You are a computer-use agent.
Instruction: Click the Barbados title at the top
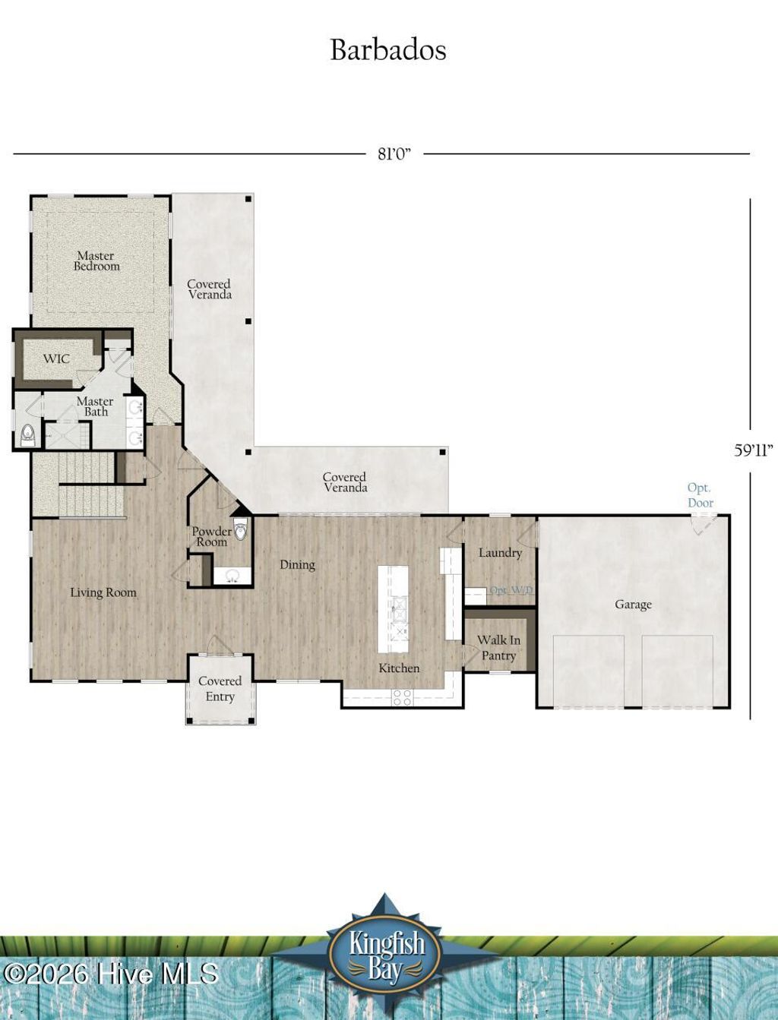(387, 50)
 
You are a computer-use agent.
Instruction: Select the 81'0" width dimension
(394, 154)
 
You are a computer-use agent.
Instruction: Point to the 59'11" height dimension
(753, 450)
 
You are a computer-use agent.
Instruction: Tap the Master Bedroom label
(96, 261)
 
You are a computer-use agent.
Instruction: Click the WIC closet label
(56, 358)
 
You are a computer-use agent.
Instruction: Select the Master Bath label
(95, 406)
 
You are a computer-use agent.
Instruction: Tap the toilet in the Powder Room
(241, 529)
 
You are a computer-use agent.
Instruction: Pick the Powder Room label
(211, 537)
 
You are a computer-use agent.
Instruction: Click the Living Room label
(103, 592)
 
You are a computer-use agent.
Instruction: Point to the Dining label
(297, 564)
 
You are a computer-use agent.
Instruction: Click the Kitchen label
(399, 668)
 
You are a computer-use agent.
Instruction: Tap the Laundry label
(500, 553)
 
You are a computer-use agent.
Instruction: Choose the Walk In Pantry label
(498, 648)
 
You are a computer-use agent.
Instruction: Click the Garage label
(633, 605)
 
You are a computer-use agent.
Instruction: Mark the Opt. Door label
(700, 495)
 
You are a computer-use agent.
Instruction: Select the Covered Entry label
(220, 689)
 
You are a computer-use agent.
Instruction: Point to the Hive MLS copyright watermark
(110, 974)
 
